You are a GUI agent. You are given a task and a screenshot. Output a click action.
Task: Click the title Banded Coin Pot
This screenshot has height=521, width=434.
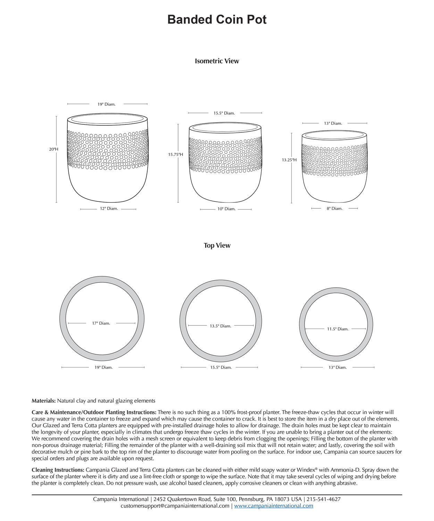pos(217,19)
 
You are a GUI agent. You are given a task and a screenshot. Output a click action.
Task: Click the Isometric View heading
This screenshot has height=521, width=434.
pos(217,61)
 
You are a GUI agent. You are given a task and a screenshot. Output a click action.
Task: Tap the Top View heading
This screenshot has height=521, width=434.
pos(217,246)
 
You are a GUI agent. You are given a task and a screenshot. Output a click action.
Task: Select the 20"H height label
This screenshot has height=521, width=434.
pos(53,149)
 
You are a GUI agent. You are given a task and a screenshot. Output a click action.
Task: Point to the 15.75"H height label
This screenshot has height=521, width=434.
pos(176,155)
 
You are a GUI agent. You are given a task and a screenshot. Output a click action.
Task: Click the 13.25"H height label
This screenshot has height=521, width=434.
pos(289,160)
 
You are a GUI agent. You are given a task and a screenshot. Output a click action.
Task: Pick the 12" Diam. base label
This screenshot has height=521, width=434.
pos(109,209)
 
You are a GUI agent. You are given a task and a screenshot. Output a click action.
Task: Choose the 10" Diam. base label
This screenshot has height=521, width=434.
pos(226,209)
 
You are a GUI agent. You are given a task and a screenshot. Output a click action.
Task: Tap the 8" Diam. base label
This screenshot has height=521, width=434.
pos(334,209)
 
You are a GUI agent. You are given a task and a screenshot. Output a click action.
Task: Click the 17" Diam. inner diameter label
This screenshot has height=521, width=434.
pos(101,323)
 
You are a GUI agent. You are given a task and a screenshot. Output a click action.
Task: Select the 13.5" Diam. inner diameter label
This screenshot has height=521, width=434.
pos(220,326)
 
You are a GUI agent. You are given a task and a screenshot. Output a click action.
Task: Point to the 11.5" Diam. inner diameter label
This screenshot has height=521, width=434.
pos(337,329)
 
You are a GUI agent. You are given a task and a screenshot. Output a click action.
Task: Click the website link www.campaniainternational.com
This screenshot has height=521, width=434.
pos(274,506)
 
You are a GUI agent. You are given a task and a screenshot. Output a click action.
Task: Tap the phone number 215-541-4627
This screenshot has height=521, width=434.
pos(324,499)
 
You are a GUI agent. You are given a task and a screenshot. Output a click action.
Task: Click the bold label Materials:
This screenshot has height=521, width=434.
pos(43,401)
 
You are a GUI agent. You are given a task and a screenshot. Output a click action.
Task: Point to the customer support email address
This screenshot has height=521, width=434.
pos(175,506)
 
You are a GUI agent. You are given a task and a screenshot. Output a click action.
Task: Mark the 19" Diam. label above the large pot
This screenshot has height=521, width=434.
pos(106,104)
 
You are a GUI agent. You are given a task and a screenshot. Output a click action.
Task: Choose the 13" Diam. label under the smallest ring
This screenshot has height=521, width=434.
pos(337,367)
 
